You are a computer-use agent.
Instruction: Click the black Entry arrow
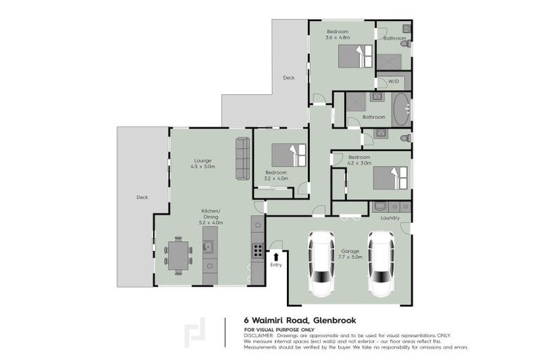(x=276, y=257)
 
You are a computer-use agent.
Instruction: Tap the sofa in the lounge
(x=242, y=158)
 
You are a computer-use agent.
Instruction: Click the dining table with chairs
(x=178, y=255)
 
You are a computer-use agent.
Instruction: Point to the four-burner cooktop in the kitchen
(x=258, y=250)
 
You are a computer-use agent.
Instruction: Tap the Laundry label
(x=390, y=218)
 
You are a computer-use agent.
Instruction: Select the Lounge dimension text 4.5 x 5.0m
(x=202, y=167)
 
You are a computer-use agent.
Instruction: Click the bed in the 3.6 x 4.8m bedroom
(x=356, y=56)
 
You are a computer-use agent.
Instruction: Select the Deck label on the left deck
(x=143, y=198)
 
